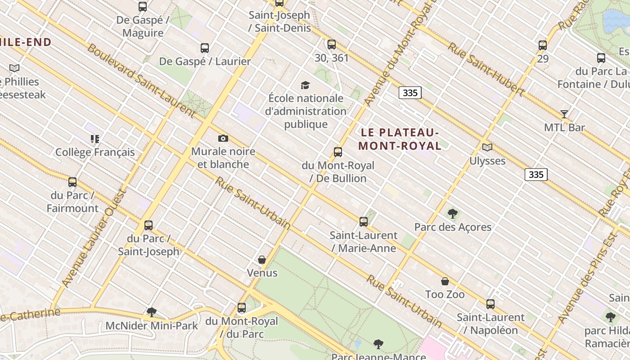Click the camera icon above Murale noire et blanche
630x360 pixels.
[x=223, y=139]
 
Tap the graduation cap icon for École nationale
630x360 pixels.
[x=305, y=85]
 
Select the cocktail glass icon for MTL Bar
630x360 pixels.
[x=564, y=114]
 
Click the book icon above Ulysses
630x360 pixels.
[x=487, y=147]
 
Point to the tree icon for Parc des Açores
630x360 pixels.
[x=453, y=214]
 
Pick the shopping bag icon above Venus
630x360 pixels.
[x=262, y=260]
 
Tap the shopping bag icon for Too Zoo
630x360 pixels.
[x=445, y=281]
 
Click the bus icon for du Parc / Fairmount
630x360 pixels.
[x=72, y=182]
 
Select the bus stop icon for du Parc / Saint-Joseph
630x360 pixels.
[x=148, y=225]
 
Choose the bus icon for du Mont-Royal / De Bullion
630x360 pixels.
[x=338, y=152]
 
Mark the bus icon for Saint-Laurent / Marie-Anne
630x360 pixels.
[x=364, y=222]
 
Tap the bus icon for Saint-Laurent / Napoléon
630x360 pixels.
[x=490, y=304]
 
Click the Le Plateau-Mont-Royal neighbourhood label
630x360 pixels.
[x=400, y=139]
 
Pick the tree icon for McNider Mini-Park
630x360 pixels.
[x=152, y=312]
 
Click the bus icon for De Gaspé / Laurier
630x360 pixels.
[x=205, y=48]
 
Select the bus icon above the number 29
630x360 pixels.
[x=543, y=45]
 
